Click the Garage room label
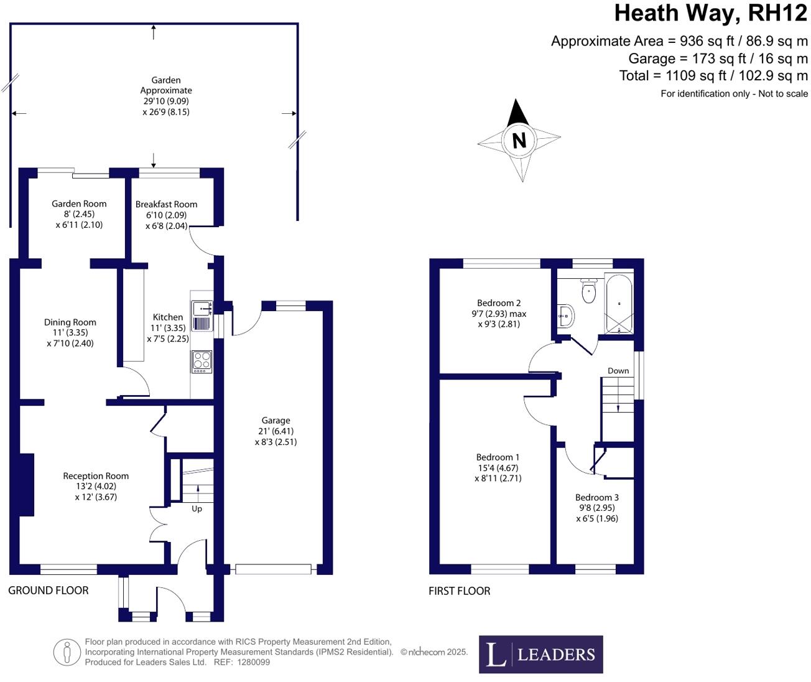coord(276,421)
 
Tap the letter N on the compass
coord(519,140)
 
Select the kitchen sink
coord(202,309)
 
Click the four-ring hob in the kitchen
coord(202,362)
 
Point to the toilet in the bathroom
coord(589,291)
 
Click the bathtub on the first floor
coord(619,304)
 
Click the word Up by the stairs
coord(197,508)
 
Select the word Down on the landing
coord(618,371)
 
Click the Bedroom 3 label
coord(597,497)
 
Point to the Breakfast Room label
coord(166,204)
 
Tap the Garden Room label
coord(79,203)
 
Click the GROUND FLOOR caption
coord(48,591)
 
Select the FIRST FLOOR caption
coord(460,591)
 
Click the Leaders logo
coord(540,655)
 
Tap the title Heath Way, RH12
coord(711,14)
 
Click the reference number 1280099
coord(253,662)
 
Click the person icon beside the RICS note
coord(67,653)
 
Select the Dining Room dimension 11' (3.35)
coord(70,333)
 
